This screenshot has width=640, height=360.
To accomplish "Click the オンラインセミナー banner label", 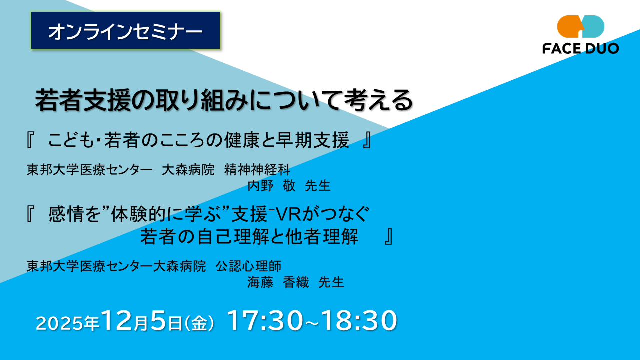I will click(x=125, y=31).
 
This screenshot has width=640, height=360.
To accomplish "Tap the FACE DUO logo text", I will click(x=580, y=48).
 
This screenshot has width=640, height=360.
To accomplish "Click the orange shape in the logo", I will click(x=569, y=26).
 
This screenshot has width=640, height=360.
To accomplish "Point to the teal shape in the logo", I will click(x=594, y=26).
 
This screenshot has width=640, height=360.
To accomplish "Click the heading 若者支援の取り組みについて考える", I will click(x=224, y=101).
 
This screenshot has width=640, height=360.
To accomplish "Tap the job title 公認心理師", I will click(x=248, y=266).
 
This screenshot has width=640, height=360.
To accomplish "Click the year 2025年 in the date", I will click(x=67, y=323).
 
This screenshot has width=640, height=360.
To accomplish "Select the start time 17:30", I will click(x=264, y=321).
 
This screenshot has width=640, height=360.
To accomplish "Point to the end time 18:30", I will click(x=359, y=321).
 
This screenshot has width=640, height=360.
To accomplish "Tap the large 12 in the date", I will click(x=117, y=321).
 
